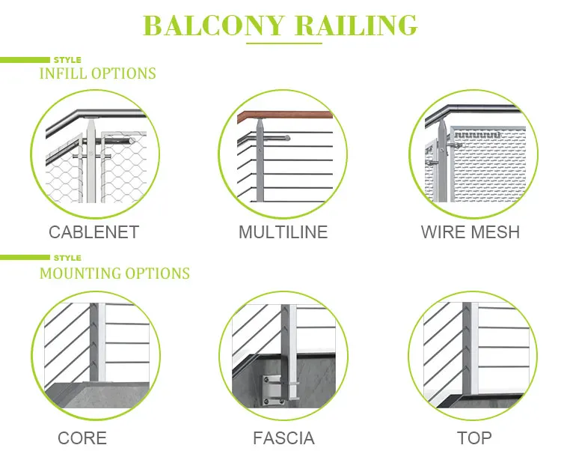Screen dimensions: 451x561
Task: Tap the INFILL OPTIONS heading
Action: tap(97, 73)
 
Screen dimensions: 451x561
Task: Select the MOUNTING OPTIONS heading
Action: tap(114, 273)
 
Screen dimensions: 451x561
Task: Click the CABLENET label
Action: tap(93, 232)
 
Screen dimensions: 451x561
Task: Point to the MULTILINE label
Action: tap(283, 232)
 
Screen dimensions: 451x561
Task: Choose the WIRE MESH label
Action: tap(470, 232)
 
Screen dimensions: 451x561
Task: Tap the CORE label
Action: tap(82, 438)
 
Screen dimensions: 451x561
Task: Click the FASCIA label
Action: tap(283, 438)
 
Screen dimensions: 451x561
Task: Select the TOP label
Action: tap(474, 438)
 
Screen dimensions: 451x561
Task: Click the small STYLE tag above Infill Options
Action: tap(67, 59)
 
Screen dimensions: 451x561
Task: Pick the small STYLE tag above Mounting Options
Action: tap(67, 258)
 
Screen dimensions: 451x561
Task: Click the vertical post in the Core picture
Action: tap(94, 345)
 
